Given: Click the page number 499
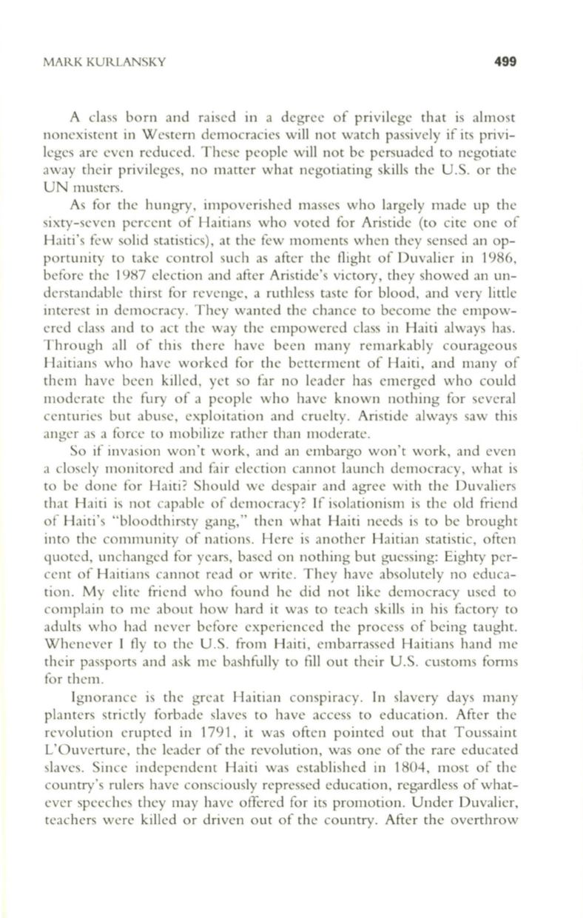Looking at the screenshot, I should pos(502,60).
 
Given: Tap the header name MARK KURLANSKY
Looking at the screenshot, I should pos(111,61).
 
